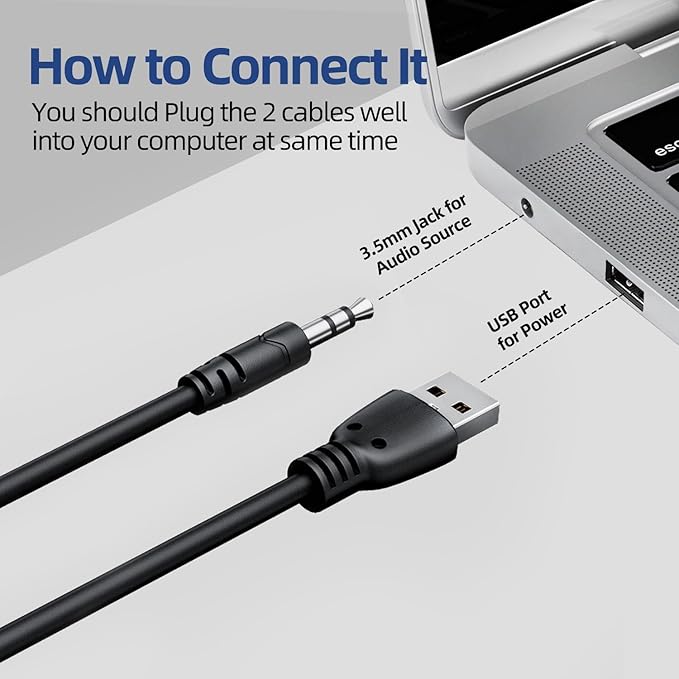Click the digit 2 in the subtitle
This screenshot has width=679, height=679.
(271, 112)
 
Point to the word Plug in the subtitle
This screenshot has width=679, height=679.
(189, 114)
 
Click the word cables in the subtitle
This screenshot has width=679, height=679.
(318, 112)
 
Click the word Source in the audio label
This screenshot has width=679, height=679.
(448, 236)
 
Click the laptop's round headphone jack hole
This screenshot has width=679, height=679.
(526, 207)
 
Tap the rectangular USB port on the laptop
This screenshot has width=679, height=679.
(624, 285)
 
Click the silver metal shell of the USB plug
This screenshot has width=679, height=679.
(455, 398)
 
